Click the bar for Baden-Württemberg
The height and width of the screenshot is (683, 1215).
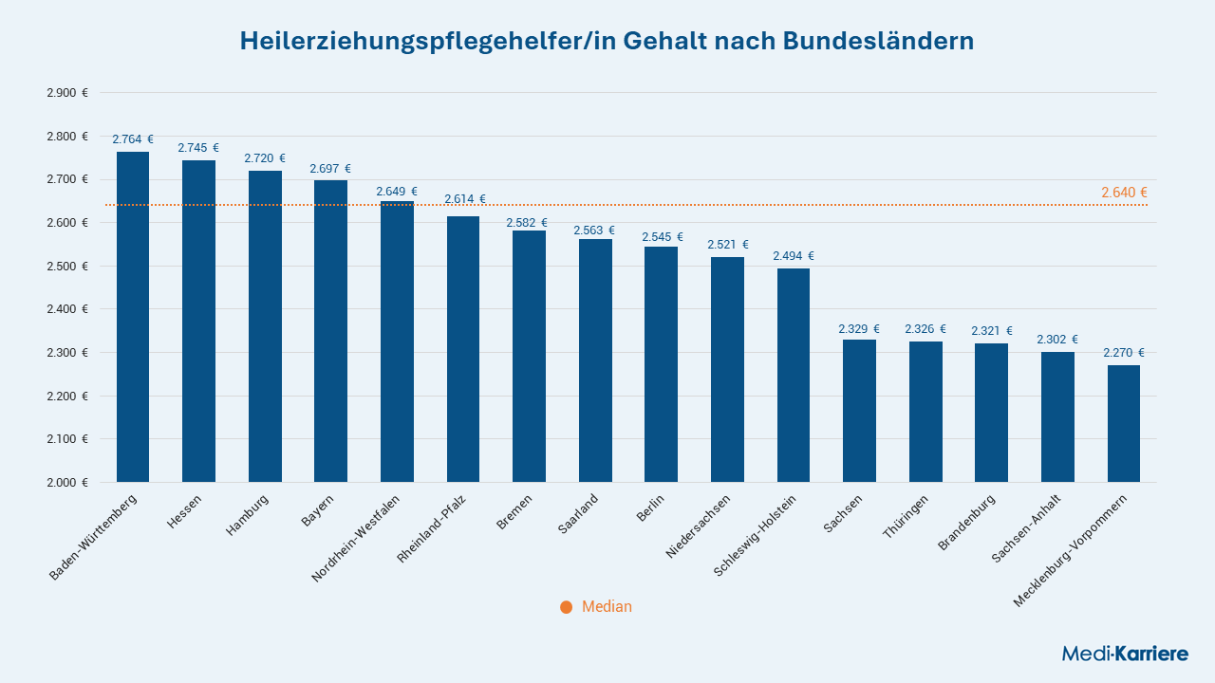point(133,317)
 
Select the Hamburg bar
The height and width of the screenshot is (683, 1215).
point(265,326)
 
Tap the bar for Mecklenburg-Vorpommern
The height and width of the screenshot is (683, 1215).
point(1124,424)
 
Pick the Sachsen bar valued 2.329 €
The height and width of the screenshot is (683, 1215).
point(859,411)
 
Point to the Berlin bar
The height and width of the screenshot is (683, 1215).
point(662,364)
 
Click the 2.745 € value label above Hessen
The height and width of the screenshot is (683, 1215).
point(198,147)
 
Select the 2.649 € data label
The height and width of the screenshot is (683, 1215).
point(397,192)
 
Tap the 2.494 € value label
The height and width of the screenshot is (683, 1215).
point(794,256)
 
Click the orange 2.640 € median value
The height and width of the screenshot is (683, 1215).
point(1124,193)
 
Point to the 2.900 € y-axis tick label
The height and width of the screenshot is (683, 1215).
point(67,93)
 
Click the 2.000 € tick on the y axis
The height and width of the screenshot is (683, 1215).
point(67,483)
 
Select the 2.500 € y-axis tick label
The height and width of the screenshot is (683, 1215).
point(67,267)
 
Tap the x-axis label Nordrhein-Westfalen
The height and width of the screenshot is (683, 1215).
point(355,539)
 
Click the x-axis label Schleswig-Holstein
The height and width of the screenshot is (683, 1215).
point(755,536)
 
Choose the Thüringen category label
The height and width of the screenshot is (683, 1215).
point(906,517)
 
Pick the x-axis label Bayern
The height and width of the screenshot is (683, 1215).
point(317,510)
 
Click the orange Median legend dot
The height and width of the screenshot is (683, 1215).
point(567,607)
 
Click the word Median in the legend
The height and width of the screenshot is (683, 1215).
point(607,606)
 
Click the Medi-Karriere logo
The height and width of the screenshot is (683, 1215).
point(1125,654)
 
